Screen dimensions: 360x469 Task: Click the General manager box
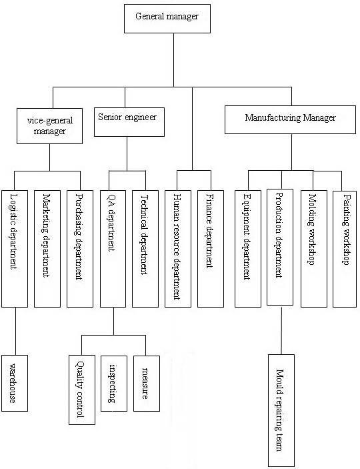point(167,19)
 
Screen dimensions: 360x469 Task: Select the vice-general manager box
point(49,126)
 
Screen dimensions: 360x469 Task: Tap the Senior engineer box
point(129,122)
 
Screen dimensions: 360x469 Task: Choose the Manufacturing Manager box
point(290,119)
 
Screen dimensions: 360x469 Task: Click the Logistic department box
point(15,249)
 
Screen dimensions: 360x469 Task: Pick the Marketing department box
point(47,249)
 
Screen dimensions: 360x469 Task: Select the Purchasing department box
point(80,249)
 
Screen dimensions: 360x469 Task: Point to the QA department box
point(113,249)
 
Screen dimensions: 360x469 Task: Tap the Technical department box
point(145,249)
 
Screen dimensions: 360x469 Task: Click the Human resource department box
point(178,249)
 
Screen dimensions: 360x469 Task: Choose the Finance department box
point(211,249)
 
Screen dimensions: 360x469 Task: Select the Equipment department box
point(248,249)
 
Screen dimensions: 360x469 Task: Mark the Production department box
point(280,247)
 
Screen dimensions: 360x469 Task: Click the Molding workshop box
point(314,249)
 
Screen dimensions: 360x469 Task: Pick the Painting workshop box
point(345,249)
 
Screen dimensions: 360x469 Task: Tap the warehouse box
point(15,383)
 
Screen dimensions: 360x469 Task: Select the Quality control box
point(82,390)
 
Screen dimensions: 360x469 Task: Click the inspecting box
point(114,384)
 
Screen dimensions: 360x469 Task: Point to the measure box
point(147,384)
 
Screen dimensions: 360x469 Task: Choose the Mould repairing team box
point(281,411)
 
